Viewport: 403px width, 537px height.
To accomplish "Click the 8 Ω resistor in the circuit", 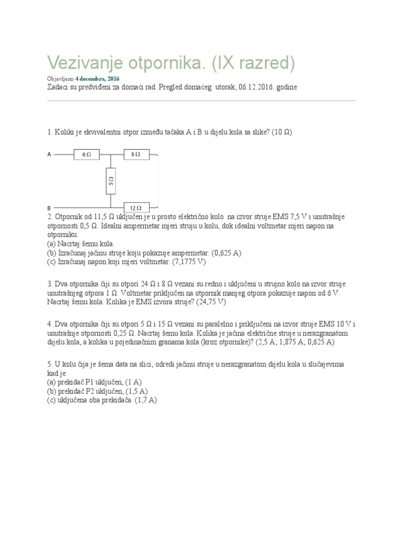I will pyautogui.click(x=136, y=155).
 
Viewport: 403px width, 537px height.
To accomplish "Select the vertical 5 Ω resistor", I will pyautogui.click(x=111, y=181).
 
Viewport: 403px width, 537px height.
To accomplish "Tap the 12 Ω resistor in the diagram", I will pyautogui.click(x=136, y=208).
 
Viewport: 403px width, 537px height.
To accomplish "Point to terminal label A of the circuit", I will pyautogui.click(x=49, y=155).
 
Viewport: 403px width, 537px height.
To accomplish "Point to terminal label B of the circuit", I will pyautogui.click(x=49, y=208).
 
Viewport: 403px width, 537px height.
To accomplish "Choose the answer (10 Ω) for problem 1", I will pyautogui.click(x=281, y=132).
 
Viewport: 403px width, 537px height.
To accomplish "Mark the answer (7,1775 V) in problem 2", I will pyautogui.click(x=192, y=261).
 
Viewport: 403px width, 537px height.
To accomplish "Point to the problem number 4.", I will pyautogui.click(x=49, y=324).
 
